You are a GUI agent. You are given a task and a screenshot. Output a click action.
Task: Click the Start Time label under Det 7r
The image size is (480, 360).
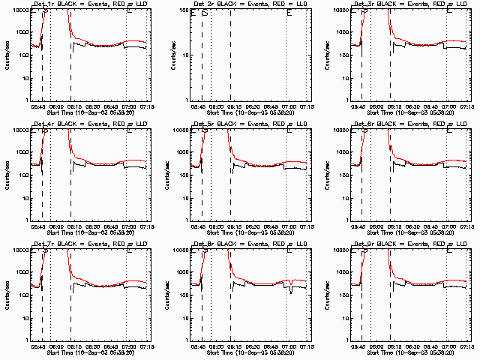tap(89, 354)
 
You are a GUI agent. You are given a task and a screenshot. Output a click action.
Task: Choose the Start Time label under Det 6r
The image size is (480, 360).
tap(410, 234)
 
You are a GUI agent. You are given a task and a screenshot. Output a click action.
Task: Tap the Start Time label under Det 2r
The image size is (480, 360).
tap(250, 114)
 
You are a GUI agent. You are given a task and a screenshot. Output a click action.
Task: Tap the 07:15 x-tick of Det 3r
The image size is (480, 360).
tap(469, 107)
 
